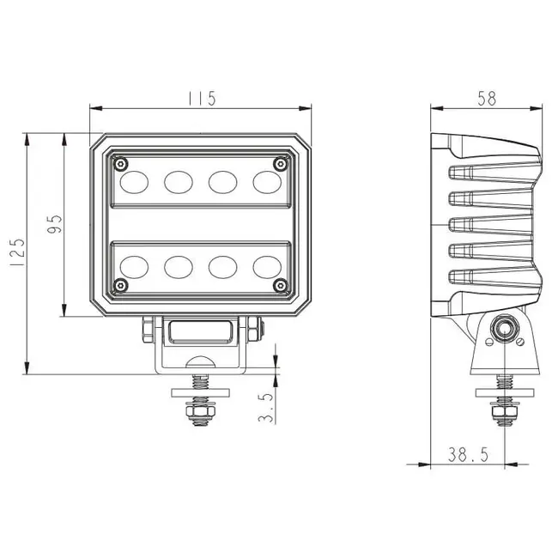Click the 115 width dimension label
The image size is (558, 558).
[x=201, y=98]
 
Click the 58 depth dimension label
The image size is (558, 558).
[x=486, y=98]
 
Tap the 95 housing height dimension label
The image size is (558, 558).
[x=55, y=225]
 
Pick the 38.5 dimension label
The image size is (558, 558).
[x=468, y=455]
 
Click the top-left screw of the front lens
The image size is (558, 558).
[x=121, y=163]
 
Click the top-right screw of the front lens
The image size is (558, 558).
[x=279, y=163]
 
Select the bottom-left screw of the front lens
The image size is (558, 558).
[x=121, y=284]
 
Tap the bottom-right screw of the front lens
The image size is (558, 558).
[x=279, y=284]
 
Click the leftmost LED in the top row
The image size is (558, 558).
[x=134, y=182]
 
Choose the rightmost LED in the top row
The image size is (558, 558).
[x=267, y=182]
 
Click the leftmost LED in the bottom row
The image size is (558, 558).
[x=134, y=266]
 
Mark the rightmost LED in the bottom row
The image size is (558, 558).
[x=267, y=266]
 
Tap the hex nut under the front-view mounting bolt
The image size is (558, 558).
[x=201, y=415]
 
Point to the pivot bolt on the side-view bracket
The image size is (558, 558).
[x=504, y=330]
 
